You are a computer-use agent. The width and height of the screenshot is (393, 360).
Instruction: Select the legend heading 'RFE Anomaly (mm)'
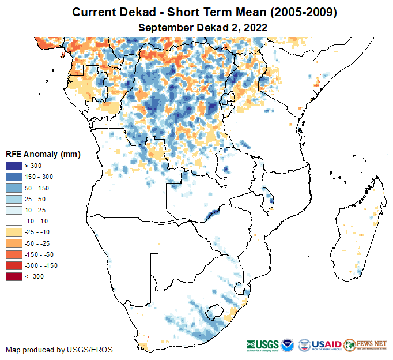pos(43,155)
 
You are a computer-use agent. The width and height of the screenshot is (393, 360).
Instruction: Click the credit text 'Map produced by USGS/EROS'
pos(59,350)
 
